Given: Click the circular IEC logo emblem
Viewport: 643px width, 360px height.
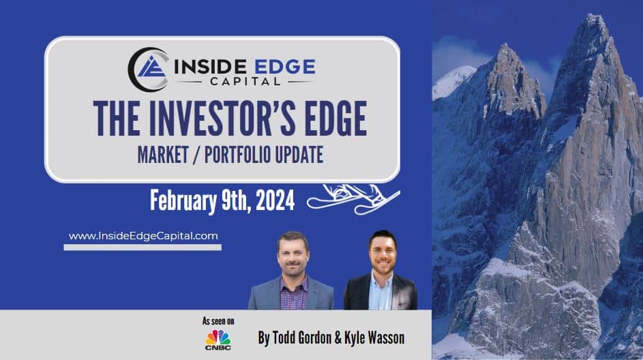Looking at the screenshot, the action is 148,70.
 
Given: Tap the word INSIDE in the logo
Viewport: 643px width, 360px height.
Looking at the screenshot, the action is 210,67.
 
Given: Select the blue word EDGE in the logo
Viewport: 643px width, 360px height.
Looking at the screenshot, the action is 284,67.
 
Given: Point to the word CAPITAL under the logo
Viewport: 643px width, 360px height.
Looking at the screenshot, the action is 245,82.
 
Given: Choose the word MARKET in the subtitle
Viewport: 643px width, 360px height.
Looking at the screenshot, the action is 163,155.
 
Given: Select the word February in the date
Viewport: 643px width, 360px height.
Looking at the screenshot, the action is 183,200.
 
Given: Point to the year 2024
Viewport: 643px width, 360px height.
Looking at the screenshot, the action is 275,200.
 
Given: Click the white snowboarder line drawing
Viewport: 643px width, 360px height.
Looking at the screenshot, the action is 353,199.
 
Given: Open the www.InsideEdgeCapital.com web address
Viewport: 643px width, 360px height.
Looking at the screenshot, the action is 143,236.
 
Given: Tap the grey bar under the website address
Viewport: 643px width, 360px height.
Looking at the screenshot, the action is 143,247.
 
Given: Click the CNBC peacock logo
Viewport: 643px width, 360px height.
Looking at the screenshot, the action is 218,340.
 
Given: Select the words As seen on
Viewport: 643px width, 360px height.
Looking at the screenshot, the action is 218,321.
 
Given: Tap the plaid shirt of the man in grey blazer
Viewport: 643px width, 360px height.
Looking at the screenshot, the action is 294,295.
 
